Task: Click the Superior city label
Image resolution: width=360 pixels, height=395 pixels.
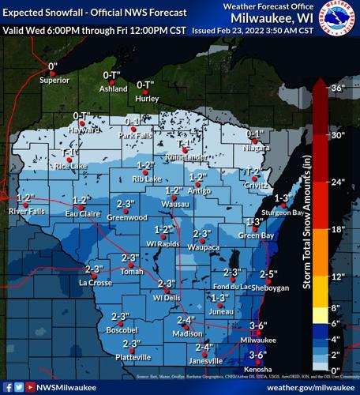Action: tap(54, 80)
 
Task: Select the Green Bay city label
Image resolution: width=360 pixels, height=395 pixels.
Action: tap(256, 235)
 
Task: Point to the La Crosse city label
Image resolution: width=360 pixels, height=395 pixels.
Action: tap(96, 282)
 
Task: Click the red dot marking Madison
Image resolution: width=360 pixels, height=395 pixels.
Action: tap(187, 327)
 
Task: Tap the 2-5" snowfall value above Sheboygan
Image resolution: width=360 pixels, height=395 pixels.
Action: tap(268, 274)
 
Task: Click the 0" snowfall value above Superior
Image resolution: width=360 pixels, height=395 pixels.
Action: tap(53, 66)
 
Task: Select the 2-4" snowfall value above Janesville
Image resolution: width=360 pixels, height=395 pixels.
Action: tap(204, 347)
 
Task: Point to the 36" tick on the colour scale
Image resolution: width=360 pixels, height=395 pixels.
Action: tap(338, 88)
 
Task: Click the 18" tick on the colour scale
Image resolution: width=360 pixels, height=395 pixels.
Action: tap(338, 229)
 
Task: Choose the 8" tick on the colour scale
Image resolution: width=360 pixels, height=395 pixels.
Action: tap(336, 307)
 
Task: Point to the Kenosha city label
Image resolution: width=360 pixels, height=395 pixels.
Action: tap(258, 369)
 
